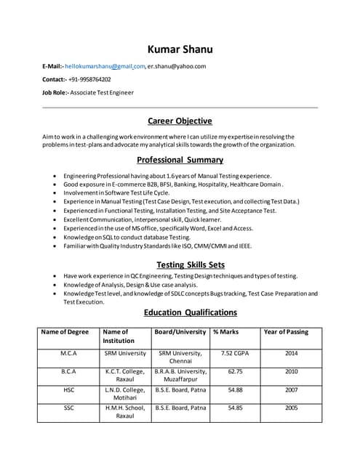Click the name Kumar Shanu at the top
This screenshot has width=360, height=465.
[180, 49]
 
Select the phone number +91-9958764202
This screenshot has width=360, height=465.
[90, 79]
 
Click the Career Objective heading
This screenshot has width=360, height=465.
[180, 121]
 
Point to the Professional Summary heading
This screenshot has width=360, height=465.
[180, 160]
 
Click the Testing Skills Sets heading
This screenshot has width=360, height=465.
[180, 264]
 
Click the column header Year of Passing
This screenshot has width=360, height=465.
[285, 332]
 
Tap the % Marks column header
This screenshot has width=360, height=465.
[226, 332]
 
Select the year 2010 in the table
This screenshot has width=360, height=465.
[291, 371]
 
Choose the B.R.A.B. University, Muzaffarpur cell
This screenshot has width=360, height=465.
[180, 376]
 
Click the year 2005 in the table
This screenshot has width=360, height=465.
[291, 408]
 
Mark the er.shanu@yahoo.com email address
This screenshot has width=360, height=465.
[177, 66]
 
